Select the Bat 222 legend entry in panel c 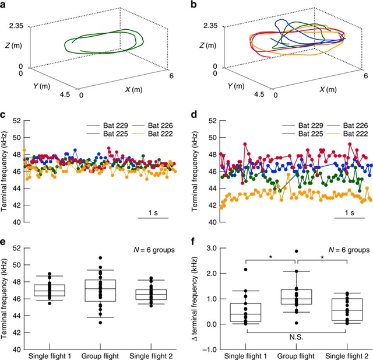pyautogui.click(x=157, y=134)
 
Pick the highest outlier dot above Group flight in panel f pyautogui.click(x=297, y=251)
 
